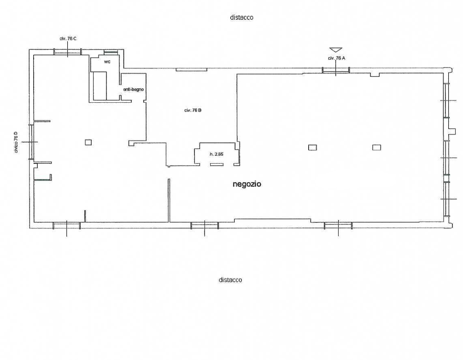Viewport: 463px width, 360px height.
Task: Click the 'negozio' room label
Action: pyautogui.click(x=247, y=184)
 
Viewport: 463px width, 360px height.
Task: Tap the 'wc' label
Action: pyautogui.click(x=107, y=62)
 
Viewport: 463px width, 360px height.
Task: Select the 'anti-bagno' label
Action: pyautogui.click(x=134, y=89)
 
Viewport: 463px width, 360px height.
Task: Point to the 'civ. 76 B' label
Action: pyautogui.click(x=193, y=110)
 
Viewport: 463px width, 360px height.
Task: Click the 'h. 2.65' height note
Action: pyautogui.click(x=217, y=154)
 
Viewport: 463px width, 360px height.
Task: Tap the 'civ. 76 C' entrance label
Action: pyautogui.click(x=68, y=39)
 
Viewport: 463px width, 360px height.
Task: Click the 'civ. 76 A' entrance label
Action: pyautogui.click(x=337, y=58)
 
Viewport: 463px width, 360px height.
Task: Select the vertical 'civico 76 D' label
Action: pyautogui.click(x=16, y=142)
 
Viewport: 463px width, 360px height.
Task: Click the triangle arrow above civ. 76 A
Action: pyautogui.click(x=336, y=50)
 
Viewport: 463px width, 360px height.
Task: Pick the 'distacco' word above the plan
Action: pyautogui.click(x=241, y=17)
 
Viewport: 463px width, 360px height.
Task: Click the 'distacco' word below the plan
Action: pyautogui.click(x=230, y=280)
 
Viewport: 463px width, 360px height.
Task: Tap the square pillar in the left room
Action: pyautogui.click(x=88, y=142)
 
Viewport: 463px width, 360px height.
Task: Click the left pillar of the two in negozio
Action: pyautogui.click(x=312, y=147)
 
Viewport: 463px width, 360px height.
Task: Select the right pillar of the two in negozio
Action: pyautogui.click(x=376, y=147)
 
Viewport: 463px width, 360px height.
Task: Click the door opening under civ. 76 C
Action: pyautogui.click(x=67, y=52)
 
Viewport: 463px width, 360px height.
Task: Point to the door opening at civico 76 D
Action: pyautogui.click(x=31, y=142)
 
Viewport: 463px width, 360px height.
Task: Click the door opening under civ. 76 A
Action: pyautogui.click(x=336, y=70)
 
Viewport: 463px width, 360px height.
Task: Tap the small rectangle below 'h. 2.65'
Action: pyautogui.click(x=217, y=164)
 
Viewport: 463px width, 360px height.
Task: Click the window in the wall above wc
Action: pyautogui.click(x=111, y=52)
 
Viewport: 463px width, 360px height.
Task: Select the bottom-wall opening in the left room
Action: pyautogui.click(x=67, y=226)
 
